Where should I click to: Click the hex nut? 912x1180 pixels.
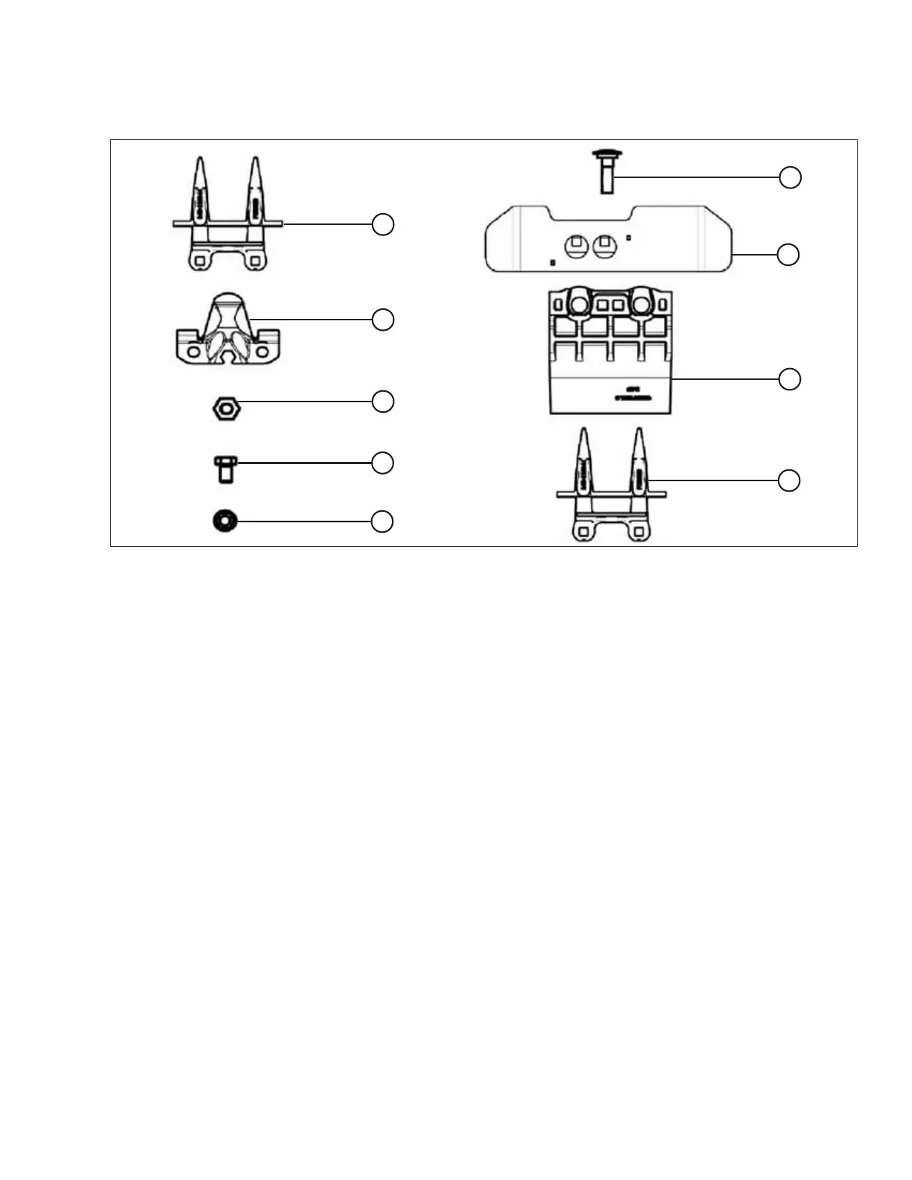[x=225, y=408]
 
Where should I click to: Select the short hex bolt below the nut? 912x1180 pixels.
[x=224, y=470]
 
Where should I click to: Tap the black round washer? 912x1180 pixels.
[x=225, y=521]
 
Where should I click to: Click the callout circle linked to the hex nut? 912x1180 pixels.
[x=383, y=402]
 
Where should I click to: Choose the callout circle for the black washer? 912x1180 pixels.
[x=382, y=521]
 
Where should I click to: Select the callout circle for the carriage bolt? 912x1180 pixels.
[x=790, y=178]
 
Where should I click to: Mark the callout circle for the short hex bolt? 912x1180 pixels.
[x=382, y=463]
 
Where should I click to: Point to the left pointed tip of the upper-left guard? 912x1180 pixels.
[x=200, y=161]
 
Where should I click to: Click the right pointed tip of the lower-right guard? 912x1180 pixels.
[x=639, y=432]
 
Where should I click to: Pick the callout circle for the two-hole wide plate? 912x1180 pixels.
[x=788, y=255]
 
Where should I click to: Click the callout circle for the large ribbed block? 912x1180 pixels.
[x=790, y=379]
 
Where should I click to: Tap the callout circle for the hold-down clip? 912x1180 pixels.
[x=383, y=320]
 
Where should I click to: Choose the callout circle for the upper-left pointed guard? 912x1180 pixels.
[x=383, y=224]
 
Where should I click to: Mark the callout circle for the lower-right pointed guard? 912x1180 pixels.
[x=789, y=480]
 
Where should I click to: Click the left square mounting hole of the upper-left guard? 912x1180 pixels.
[x=198, y=260]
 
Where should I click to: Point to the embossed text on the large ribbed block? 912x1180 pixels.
[x=634, y=393]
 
